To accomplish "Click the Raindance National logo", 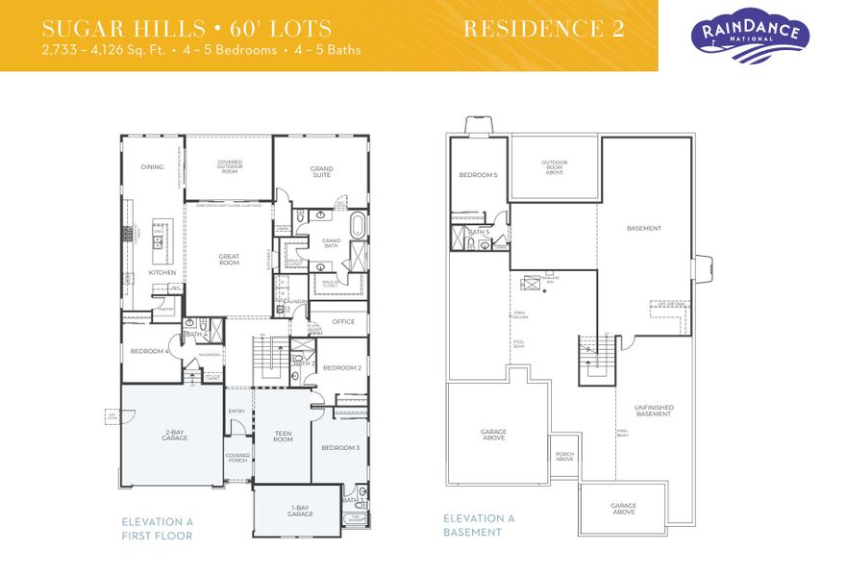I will click(750, 37).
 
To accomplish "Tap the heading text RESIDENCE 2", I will click(543, 29).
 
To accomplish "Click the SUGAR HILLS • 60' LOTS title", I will click(187, 28).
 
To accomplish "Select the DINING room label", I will click(152, 167).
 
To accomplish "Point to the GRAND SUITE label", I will click(321, 172).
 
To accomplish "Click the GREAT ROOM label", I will click(229, 259).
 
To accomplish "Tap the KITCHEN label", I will click(162, 272).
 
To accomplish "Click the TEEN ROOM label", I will click(283, 437).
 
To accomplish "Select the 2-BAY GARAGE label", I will click(174, 436).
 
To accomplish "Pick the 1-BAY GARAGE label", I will click(300, 512).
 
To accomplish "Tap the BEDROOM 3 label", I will click(340, 448).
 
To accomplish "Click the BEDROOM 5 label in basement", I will click(478, 175).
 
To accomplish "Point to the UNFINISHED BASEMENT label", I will click(655, 411).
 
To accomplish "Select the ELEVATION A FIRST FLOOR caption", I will click(157, 528).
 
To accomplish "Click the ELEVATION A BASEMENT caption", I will click(479, 525).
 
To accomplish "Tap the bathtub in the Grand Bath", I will click(359, 227).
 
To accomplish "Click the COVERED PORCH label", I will click(237, 458).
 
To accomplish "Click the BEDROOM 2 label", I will click(341, 368).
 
